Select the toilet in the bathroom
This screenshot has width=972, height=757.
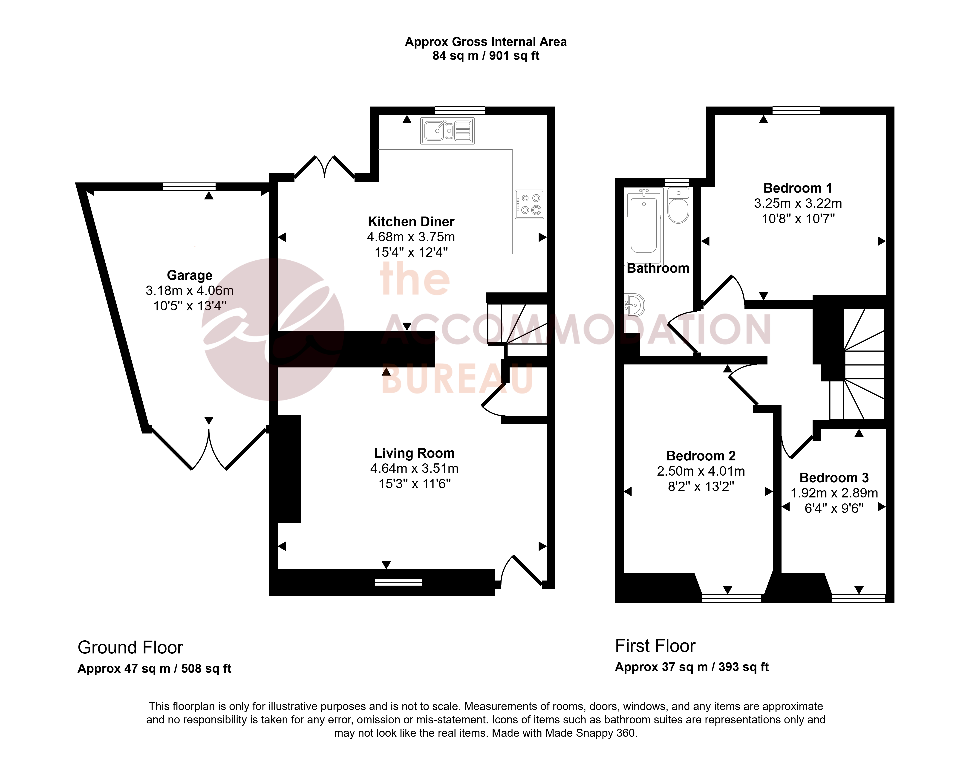[678, 205]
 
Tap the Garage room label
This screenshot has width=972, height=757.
[190, 275]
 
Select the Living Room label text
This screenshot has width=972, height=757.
[414, 453]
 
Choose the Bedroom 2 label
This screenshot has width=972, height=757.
[701, 456]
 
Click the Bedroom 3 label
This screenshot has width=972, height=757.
[834, 477]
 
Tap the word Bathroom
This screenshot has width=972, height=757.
[658, 268]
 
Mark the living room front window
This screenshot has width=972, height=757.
[398, 582]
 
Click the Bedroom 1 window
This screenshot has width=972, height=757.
[796, 110]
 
